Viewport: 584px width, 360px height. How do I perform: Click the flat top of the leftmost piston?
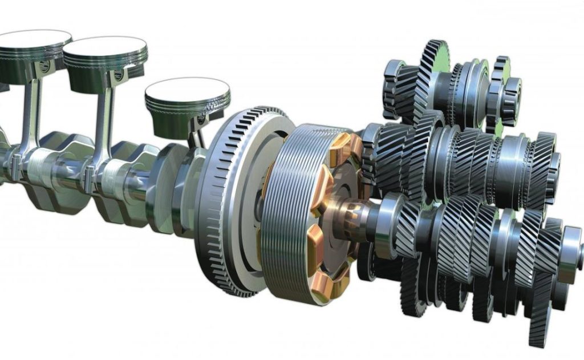click(31, 40)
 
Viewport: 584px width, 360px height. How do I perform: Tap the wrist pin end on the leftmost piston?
click(44, 67)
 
